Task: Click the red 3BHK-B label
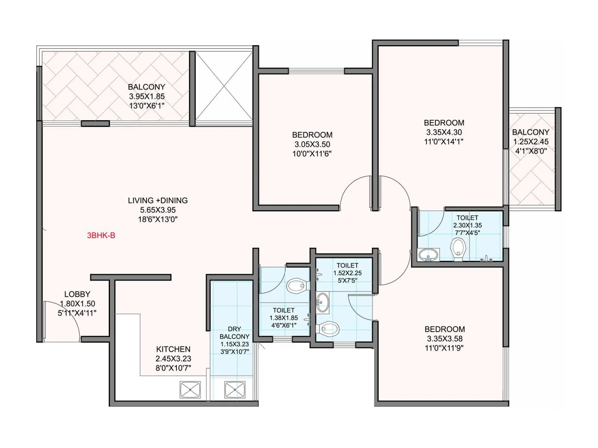(x=101, y=235)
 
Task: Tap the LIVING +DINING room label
(x=158, y=200)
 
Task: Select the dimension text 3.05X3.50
(x=312, y=144)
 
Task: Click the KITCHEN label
(x=173, y=349)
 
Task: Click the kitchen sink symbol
(x=190, y=389)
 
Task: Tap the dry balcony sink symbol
(x=235, y=389)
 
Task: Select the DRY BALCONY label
(x=234, y=333)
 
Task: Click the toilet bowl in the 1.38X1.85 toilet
(x=298, y=286)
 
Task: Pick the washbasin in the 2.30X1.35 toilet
(x=428, y=255)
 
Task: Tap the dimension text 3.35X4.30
(x=444, y=132)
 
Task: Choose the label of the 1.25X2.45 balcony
(x=530, y=132)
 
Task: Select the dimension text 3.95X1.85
(x=147, y=96)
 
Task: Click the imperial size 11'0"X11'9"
(x=444, y=348)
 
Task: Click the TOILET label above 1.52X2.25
(x=347, y=266)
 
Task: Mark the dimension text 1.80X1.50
(x=78, y=304)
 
